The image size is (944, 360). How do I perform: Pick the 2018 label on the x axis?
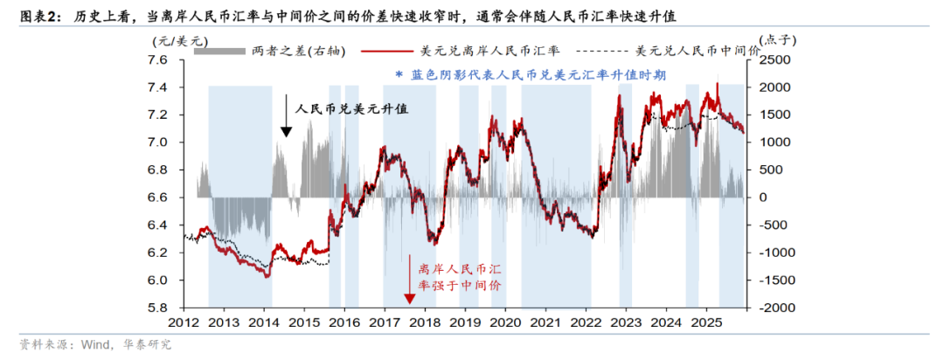(x=424, y=324)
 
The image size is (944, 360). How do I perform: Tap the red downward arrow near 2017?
(x=409, y=280)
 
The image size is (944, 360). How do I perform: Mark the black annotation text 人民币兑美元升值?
(x=352, y=109)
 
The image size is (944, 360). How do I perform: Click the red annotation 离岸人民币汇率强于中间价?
(x=460, y=276)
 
